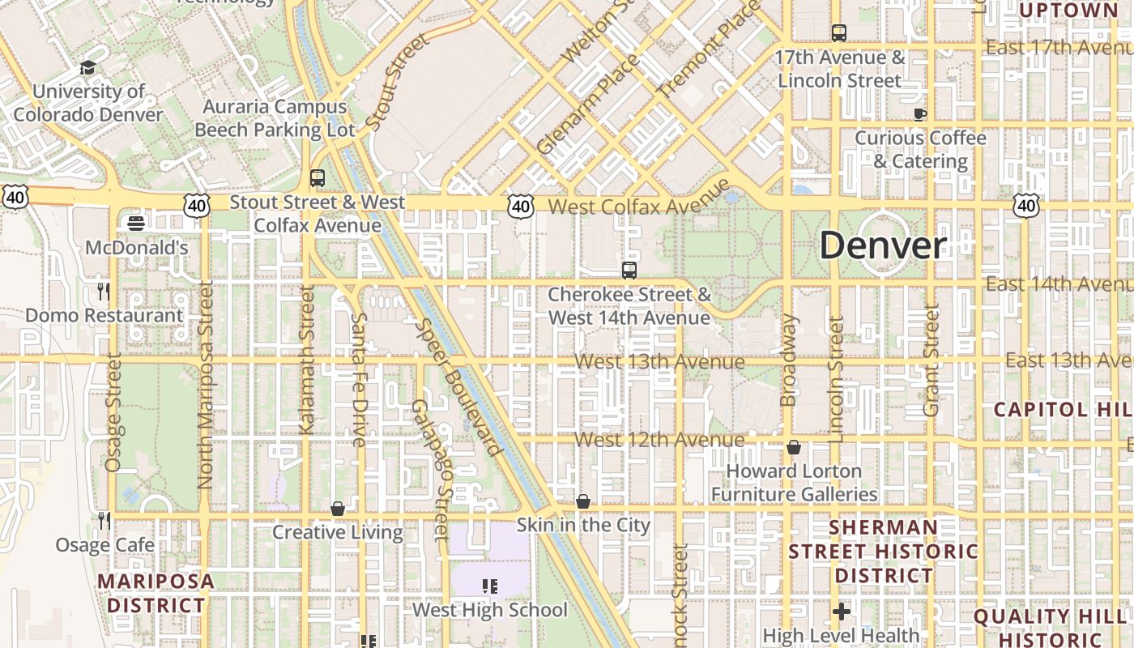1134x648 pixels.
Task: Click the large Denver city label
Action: (x=883, y=245)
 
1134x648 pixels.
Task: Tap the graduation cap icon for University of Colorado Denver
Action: (x=87, y=68)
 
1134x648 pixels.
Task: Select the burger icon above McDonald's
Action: (x=136, y=223)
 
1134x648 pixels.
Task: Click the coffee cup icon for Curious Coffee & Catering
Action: (x=920, y=114)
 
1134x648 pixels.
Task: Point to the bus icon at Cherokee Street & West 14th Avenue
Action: (x=629, y=270)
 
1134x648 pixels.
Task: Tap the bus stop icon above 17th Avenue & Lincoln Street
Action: (x=839, y=33)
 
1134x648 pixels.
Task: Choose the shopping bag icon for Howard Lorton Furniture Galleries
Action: (x=794, y=447)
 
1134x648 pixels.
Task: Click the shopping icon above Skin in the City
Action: (x=583, y=501)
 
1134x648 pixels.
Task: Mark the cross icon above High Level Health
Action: (x=842, y=612)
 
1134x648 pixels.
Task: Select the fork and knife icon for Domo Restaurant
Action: (x=103, y=291)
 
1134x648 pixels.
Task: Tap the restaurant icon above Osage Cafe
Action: (x=104, y=519)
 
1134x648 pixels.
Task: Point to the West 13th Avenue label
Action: (x=659, y=362)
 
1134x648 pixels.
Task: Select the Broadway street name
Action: (x=788, y=360)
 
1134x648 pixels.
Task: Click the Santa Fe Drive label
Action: (x=359, y=379)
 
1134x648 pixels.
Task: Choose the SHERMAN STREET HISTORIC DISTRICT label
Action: (x=884, y=552)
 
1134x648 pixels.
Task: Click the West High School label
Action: (x=490, y=610)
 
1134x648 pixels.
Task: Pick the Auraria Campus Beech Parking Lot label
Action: (x=275, y=118)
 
